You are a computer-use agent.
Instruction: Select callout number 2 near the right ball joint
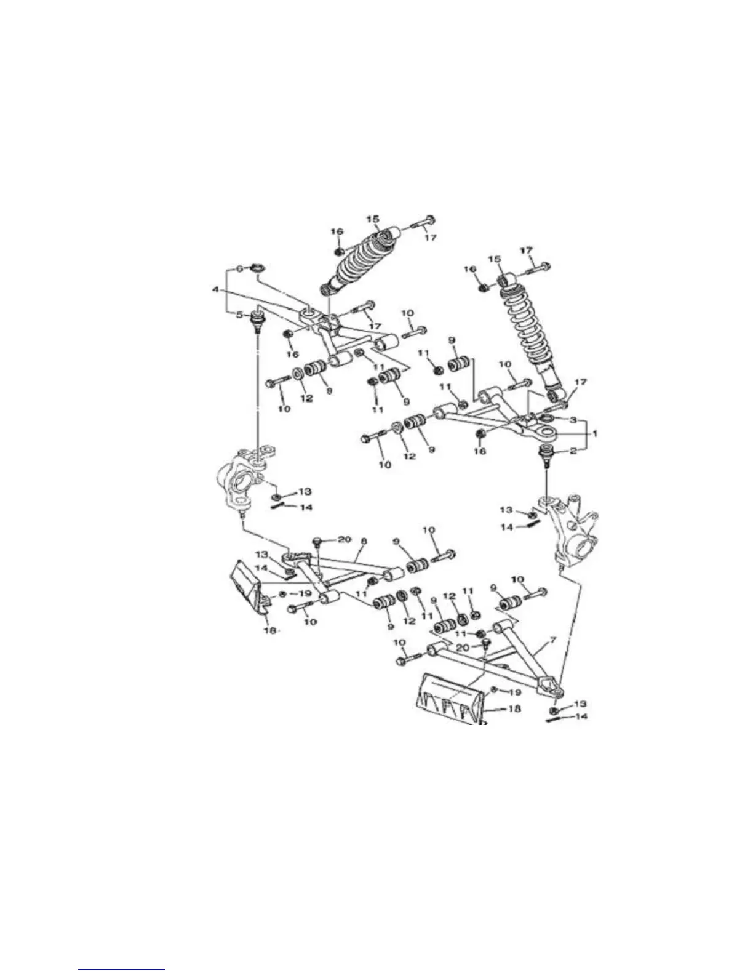point(573,451)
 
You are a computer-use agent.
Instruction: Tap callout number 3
point(572,420)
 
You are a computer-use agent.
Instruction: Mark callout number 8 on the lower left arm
point(364,541)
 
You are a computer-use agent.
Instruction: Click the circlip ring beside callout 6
point(257,267)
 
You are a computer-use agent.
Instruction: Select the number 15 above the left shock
point(373,219)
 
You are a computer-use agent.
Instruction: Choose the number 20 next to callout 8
point(344,540)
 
